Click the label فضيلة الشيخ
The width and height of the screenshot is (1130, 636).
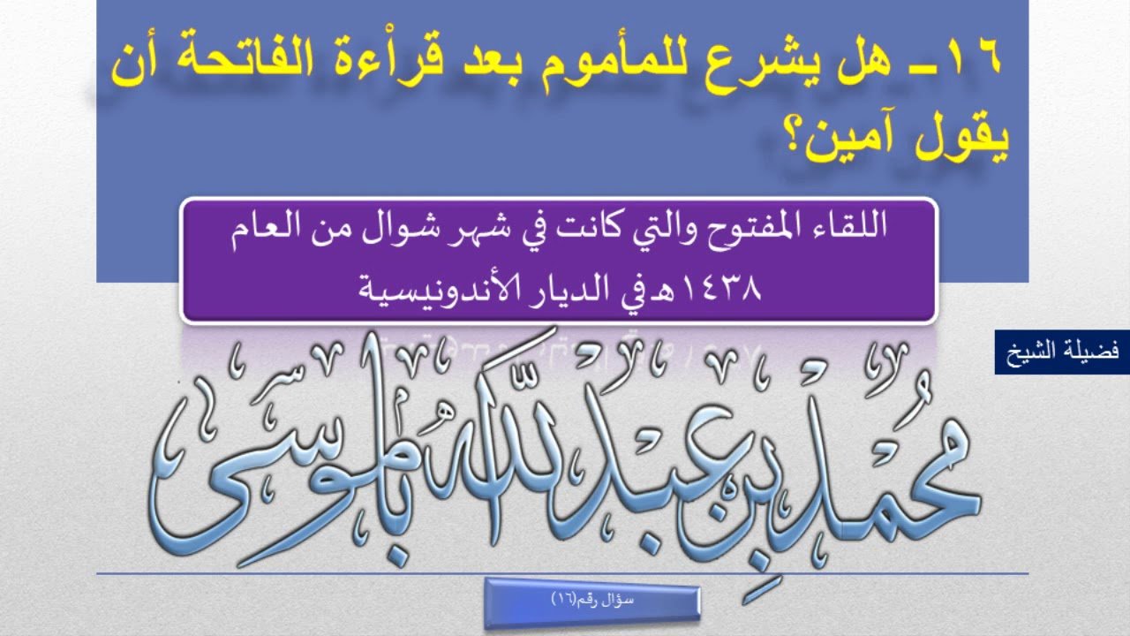click(x=1062, y=352)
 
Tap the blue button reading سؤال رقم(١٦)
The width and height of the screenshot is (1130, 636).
click(x=592, y=603)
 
